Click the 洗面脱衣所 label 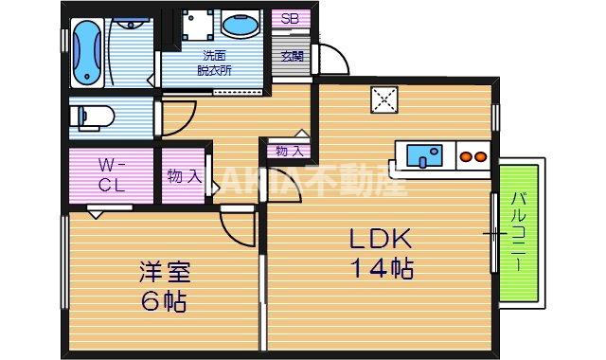pyautogui.click(x=215, y=63)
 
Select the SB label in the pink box pyautogui.click(x=289, y=18)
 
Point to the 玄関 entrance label pyautogui.click(x=292, y=55)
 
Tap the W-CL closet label pyautogui.click(x=112, y=175)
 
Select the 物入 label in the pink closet pyautogui.click(x=184, y=175)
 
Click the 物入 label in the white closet pyautogui.click(x=289, y=151)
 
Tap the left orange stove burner pyautogui.click(x=466, y=155)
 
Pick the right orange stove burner pyautogui.click(x=480, y=155)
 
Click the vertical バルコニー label pyautogui.click(x=520, y=233)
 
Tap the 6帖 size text pyautogui.click(x=164, y=303)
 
